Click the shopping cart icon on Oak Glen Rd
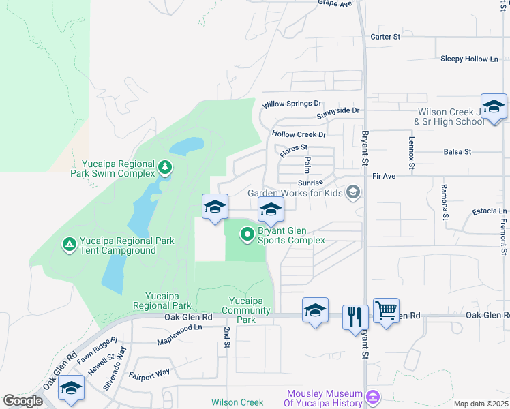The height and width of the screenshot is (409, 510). coord(386,312)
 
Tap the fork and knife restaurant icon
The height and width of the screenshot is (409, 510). coord(355,317)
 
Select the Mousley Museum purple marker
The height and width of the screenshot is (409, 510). coord(373,397)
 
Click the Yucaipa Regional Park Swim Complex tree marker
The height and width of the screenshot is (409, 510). coord(164,167)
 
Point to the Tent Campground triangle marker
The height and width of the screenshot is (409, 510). coord(69,243)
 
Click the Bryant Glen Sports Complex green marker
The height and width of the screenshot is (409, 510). coord(247,235)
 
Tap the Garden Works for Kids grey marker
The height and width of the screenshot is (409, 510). coord(352,193)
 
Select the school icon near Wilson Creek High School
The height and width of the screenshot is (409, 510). coord(494,107)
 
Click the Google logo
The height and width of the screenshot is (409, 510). coord(22,401)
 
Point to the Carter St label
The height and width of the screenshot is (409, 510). coord(385,37)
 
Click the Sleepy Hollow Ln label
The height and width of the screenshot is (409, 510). coord(469,59)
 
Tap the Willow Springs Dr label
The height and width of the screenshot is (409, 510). coord(292,104)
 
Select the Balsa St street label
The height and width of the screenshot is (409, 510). coord(457,152)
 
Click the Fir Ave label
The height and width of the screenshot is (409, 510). coord(385,176)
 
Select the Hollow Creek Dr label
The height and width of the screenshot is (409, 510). coord(299,135)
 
